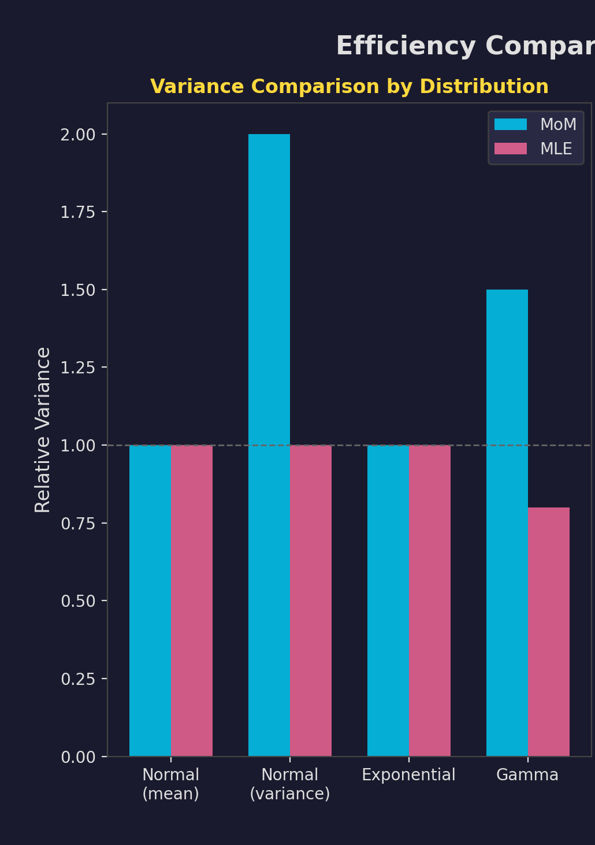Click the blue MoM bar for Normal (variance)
click(269, 445)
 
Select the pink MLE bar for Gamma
click(549, 632)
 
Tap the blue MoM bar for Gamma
click(507, 522)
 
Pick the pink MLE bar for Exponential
click(430, 601)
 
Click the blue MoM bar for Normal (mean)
click(150, 601)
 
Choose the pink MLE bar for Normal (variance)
click(311, 601)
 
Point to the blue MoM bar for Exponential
click(388, 601)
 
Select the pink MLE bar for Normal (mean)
click(192, 601)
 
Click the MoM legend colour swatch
click(511, 124)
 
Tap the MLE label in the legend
click(556, 149)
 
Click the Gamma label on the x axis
click(527, 775)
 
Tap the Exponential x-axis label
click(408, 775)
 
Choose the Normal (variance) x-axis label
click(290, 784)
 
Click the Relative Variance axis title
click(43, 429)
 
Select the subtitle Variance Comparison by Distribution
click(349, 87)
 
